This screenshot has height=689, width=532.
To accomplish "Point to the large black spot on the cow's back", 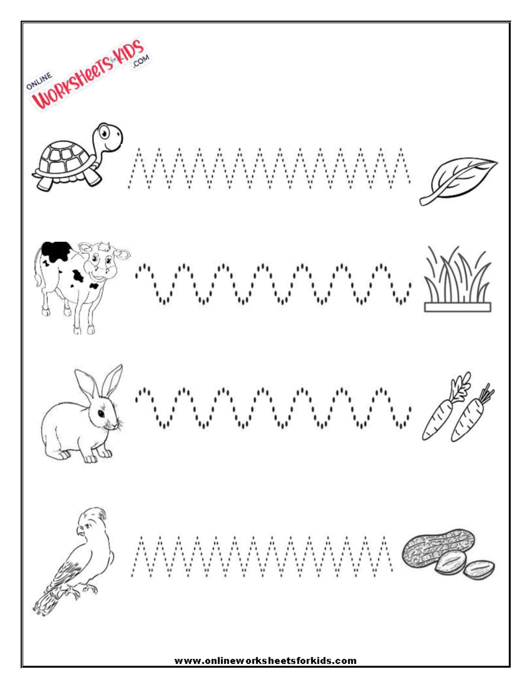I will (55, 250).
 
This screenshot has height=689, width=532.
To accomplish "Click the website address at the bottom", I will (266, 661).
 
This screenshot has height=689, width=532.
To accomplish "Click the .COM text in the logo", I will (141, 63).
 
